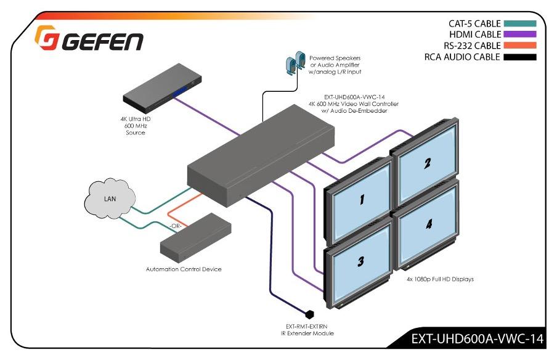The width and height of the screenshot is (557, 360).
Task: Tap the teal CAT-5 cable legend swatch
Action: point(519,24)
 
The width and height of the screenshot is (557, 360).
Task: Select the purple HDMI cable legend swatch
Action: point(519,35)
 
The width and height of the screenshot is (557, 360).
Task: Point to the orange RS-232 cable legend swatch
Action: point(519,46)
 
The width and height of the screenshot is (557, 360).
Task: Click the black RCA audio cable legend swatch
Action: point(519,57)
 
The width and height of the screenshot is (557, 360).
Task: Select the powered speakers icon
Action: point(295,62)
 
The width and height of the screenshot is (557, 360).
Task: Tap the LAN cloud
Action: point(109,198)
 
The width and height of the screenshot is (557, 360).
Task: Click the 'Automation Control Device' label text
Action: point(184,269)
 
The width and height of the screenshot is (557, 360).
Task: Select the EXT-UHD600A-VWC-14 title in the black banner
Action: point(477,338)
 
